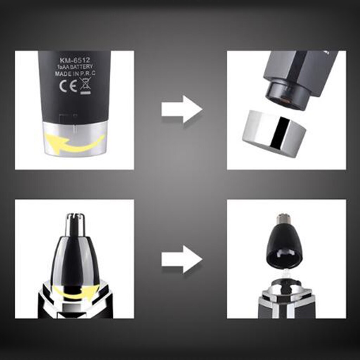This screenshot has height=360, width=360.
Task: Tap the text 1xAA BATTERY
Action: [75, 67]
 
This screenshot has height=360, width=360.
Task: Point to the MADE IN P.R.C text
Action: [75, 74]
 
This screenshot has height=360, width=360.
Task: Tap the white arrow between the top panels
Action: [182, 109]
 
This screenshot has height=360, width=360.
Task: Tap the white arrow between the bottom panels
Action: [182, 259]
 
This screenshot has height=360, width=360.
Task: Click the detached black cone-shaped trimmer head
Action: [284, 243]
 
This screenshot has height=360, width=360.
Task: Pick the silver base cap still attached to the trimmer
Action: [75, 138]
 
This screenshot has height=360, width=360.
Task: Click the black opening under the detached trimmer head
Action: [284, 259]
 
